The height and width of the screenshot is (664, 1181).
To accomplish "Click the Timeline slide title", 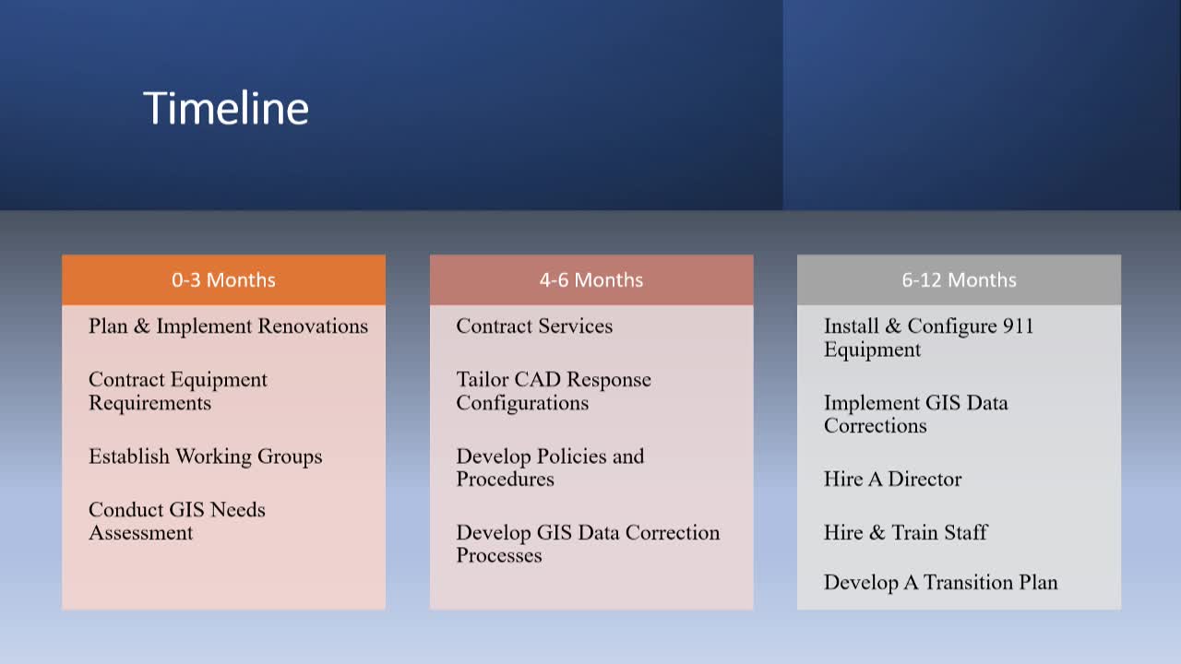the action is (x=226, y=108).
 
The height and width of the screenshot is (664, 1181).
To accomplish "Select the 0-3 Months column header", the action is (x=223, y=279).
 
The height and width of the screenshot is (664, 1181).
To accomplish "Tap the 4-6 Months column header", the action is (x=591, y=279).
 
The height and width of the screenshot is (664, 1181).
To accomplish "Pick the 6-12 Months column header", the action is (x=959, y=279).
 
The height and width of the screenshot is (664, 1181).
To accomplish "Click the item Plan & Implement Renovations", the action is (x=228, y=326).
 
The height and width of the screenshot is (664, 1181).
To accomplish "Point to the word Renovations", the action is (x=313, y=326).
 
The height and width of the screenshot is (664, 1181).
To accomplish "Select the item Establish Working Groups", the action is (x=205, y=456).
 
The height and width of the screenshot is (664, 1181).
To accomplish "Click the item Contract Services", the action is (x=534, y=326).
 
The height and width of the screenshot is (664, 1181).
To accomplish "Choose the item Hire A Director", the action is (x=892, y=479).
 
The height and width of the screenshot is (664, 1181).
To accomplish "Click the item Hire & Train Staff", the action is (x=906, y=532).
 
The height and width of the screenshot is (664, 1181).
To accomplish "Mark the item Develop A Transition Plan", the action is (x=940, y=583).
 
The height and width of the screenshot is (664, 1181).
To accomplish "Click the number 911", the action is (x=1018, y=326).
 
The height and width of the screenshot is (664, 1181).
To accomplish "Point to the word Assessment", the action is (x=141, y=533).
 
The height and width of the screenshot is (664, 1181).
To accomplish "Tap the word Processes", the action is (x=499, y=555).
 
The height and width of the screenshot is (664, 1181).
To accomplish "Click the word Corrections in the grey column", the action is (x=876, y=426).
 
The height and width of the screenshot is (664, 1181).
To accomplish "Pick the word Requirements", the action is (x=149, y=403).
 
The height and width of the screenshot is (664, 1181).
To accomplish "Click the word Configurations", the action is (x=522, y=404).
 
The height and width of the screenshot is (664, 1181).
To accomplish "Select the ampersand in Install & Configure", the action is (x=893, y=326).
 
